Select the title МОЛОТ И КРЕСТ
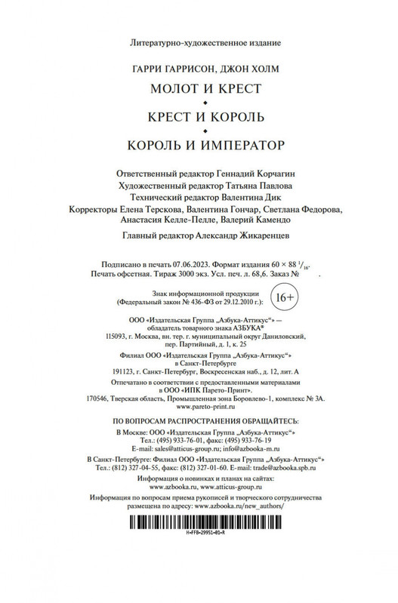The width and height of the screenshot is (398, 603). [x=199, y=89]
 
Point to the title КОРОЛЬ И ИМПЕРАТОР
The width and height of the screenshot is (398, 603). [x=199, y=143]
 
